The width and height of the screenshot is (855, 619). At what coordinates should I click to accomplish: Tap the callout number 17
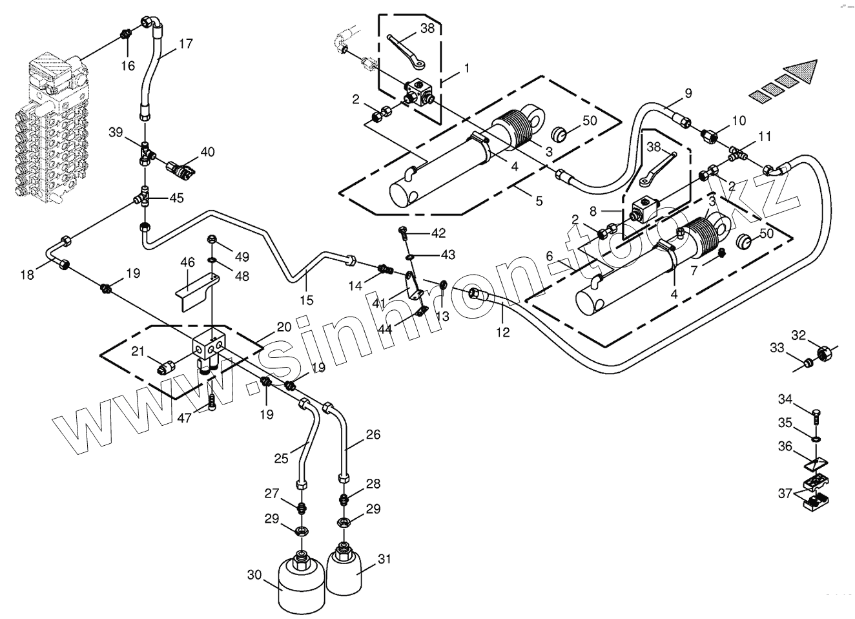coord(185,44)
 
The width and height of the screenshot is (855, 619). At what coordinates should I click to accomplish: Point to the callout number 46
coord(187,262)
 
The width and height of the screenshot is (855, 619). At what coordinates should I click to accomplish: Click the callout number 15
coord(307,300)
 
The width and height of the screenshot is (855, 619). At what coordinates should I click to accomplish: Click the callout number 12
coord(502,332)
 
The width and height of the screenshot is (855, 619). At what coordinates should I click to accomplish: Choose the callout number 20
coord(284,327)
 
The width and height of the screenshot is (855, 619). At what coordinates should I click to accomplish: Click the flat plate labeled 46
coord(192,288)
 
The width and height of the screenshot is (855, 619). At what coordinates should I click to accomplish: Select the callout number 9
coord(688,93)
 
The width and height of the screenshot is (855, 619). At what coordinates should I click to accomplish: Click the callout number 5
coord(539,200)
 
